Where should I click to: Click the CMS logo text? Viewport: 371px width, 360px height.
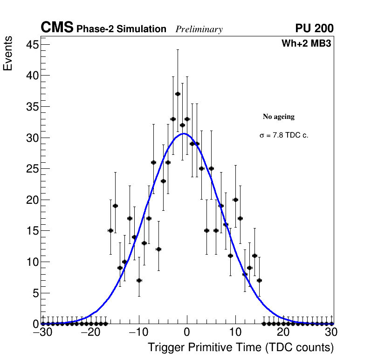coord(57,28)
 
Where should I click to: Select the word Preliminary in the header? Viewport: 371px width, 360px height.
coord(199,29)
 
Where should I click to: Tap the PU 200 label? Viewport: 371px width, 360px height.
coord(314,28)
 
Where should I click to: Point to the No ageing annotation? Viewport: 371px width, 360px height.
coord(279,117)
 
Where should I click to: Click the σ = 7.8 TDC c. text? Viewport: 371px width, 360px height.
coord(284,136)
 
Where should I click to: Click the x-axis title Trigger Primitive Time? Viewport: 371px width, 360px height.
coord(240,348)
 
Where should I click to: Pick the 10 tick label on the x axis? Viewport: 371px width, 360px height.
coord(235,333)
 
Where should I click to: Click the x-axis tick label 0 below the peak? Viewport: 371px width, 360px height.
coord(187,333)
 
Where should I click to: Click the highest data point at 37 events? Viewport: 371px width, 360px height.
coord(178,94)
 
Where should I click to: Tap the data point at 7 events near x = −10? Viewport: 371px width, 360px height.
coord(139,280)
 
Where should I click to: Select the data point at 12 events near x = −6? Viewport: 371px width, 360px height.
coord(158,249)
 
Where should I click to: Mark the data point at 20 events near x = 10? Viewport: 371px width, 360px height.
coord(235,200)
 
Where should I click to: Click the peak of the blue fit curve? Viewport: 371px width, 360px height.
coord(184,134)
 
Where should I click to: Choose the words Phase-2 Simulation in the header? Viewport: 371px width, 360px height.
coord(121,29)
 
